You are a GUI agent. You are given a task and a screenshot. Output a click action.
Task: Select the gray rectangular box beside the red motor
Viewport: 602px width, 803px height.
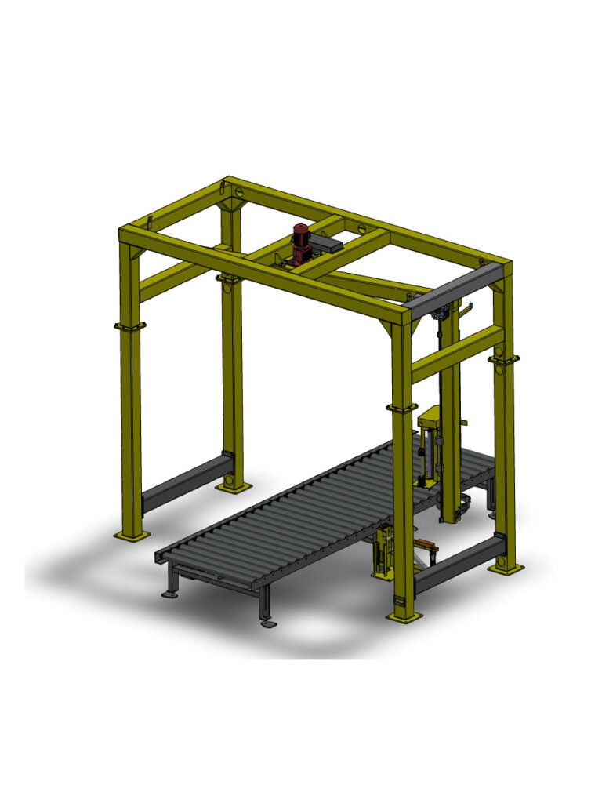pyautogui.click(x=327, y=245)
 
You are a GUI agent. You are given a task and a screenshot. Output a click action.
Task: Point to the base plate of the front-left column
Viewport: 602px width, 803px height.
pyautogui.click(x=132, y=536)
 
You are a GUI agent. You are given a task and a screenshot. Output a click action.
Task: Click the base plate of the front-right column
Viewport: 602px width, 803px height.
pyautogui.click(x=405, y=617)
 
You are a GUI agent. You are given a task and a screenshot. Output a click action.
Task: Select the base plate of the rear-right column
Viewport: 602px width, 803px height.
pyautogui.click(x=504, y=567)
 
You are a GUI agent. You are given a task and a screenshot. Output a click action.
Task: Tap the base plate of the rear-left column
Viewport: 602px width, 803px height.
pyautogui.click(x=234, y=487)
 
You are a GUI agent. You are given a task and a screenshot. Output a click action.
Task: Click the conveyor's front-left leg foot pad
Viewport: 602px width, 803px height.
pyautogui.click(x=169, y=594)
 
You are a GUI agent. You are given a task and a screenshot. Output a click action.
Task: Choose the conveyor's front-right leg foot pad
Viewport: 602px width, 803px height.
pyautogui.click(x=268, y=623)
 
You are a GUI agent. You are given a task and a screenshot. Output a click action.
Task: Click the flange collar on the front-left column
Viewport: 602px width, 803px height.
pyautogui.click(x=130, y=326)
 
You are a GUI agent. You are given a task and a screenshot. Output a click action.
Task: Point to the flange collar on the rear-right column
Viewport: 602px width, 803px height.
pyautogui.click(x=503, y=359)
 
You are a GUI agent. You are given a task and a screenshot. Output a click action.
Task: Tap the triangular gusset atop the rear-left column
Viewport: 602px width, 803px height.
pyautogui.click(x=233, y=205)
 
